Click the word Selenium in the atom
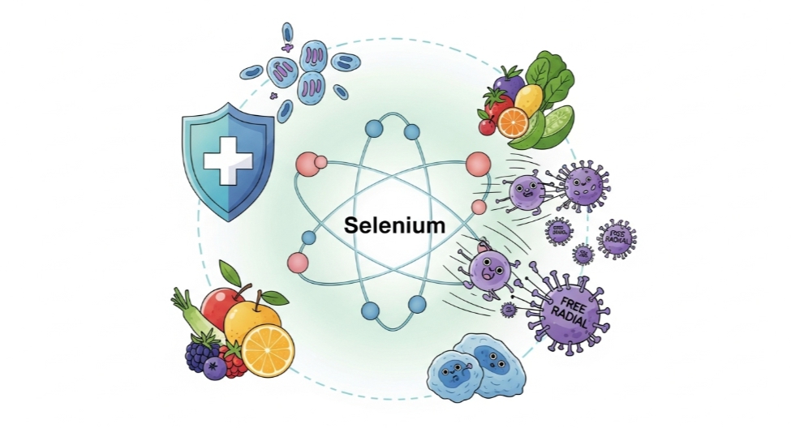(394, 225)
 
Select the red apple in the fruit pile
(221, 308)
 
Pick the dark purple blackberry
(198, 353)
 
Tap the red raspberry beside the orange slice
(233, 362)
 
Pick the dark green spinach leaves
(556, 81)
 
